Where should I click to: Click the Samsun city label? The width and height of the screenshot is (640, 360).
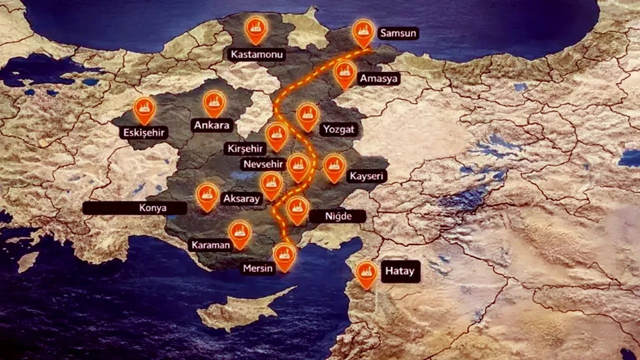(x=398, y=33)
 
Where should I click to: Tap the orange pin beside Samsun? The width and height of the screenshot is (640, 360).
(x=363, y=32)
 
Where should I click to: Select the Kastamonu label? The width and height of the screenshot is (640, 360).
(x=256, y=54)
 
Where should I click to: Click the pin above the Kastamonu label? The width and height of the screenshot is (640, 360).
(x=256, y=29)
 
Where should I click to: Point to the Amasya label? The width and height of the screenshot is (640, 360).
(x=378, y=78)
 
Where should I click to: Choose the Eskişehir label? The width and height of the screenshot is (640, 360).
(x=143, y=132)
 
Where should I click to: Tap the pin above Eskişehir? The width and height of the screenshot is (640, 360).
(x=144, y=109)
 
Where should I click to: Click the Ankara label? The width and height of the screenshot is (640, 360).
(x=211, y=125)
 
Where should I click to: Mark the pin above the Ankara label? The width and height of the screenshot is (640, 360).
(x=214, y=102)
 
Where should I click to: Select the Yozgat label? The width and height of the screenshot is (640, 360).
(x=338, y=129)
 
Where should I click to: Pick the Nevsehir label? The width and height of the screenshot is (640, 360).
(x=263, y=164)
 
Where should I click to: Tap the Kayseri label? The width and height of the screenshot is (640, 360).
(x=366, y=176)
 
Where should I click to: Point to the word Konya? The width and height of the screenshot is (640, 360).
(x=153, y=208)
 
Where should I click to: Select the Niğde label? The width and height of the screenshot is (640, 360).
(x=337, y=216)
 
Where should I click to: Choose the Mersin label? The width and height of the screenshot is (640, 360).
(x=258, y=268)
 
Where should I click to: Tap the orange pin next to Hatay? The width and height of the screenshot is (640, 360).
(x=366, y=273)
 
